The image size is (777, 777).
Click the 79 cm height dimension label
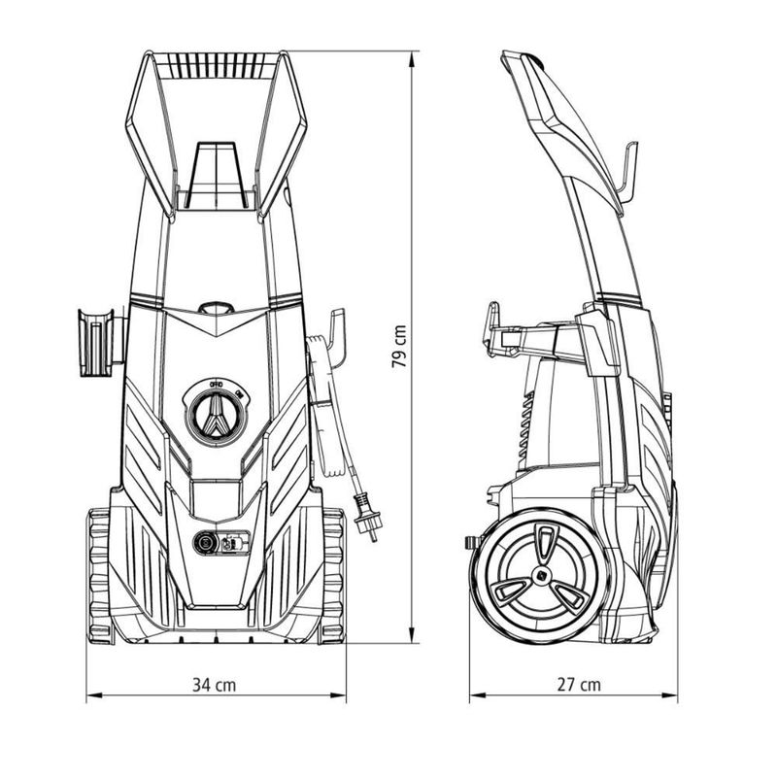tap(399, 347)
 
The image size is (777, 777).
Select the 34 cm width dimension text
tap(215, 684)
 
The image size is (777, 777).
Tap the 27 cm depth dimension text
tap(579, 684)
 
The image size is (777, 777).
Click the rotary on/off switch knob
tap(216, 412)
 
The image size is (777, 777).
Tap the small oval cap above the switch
tap(216, 309)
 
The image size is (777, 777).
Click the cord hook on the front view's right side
tap(335, 330)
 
